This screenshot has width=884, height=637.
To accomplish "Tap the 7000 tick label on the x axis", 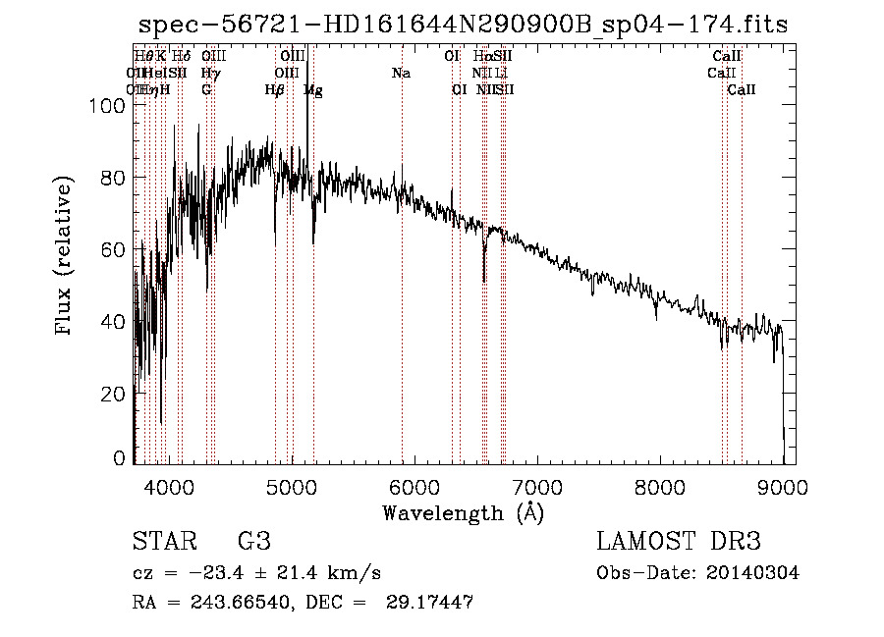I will pyautogui.click(x=537, y=485).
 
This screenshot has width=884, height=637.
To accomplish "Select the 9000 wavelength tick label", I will pyautogui.click(x=783, y=485).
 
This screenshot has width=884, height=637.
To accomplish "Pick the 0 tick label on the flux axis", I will pyautogui.click(x=121, y=458).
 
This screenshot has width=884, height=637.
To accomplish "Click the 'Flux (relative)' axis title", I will pyautogui.click(x=66, y=257).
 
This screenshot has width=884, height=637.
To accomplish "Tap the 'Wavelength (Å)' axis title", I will pyautogui.click(x=463, y=512).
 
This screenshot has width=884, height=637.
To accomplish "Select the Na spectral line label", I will pyautogui.click(x=401, y=74).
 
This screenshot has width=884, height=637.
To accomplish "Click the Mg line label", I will pyautogui.click(x=313, y=90).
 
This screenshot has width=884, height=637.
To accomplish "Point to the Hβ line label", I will pyautogui.click(x=275, y=90).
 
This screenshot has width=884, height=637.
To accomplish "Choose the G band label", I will pyautogui.click(x=206, y=90).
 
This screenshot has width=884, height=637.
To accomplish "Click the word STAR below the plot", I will pyautogui.click(x=162, y=542).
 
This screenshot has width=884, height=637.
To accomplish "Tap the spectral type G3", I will pyautogui.click(x=253, y=542).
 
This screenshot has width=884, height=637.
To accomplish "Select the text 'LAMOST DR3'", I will pyautogui.click(x=679, y=542).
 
